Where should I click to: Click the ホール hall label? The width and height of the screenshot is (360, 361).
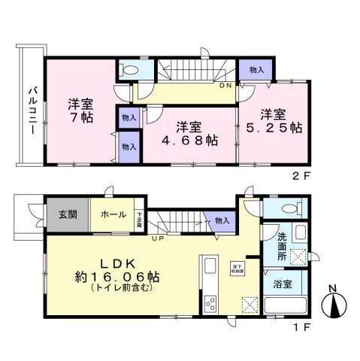pos(112,213)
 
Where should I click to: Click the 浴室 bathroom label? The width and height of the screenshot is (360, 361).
pos(282,287)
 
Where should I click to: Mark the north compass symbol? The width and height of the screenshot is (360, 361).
pos(333,304)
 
